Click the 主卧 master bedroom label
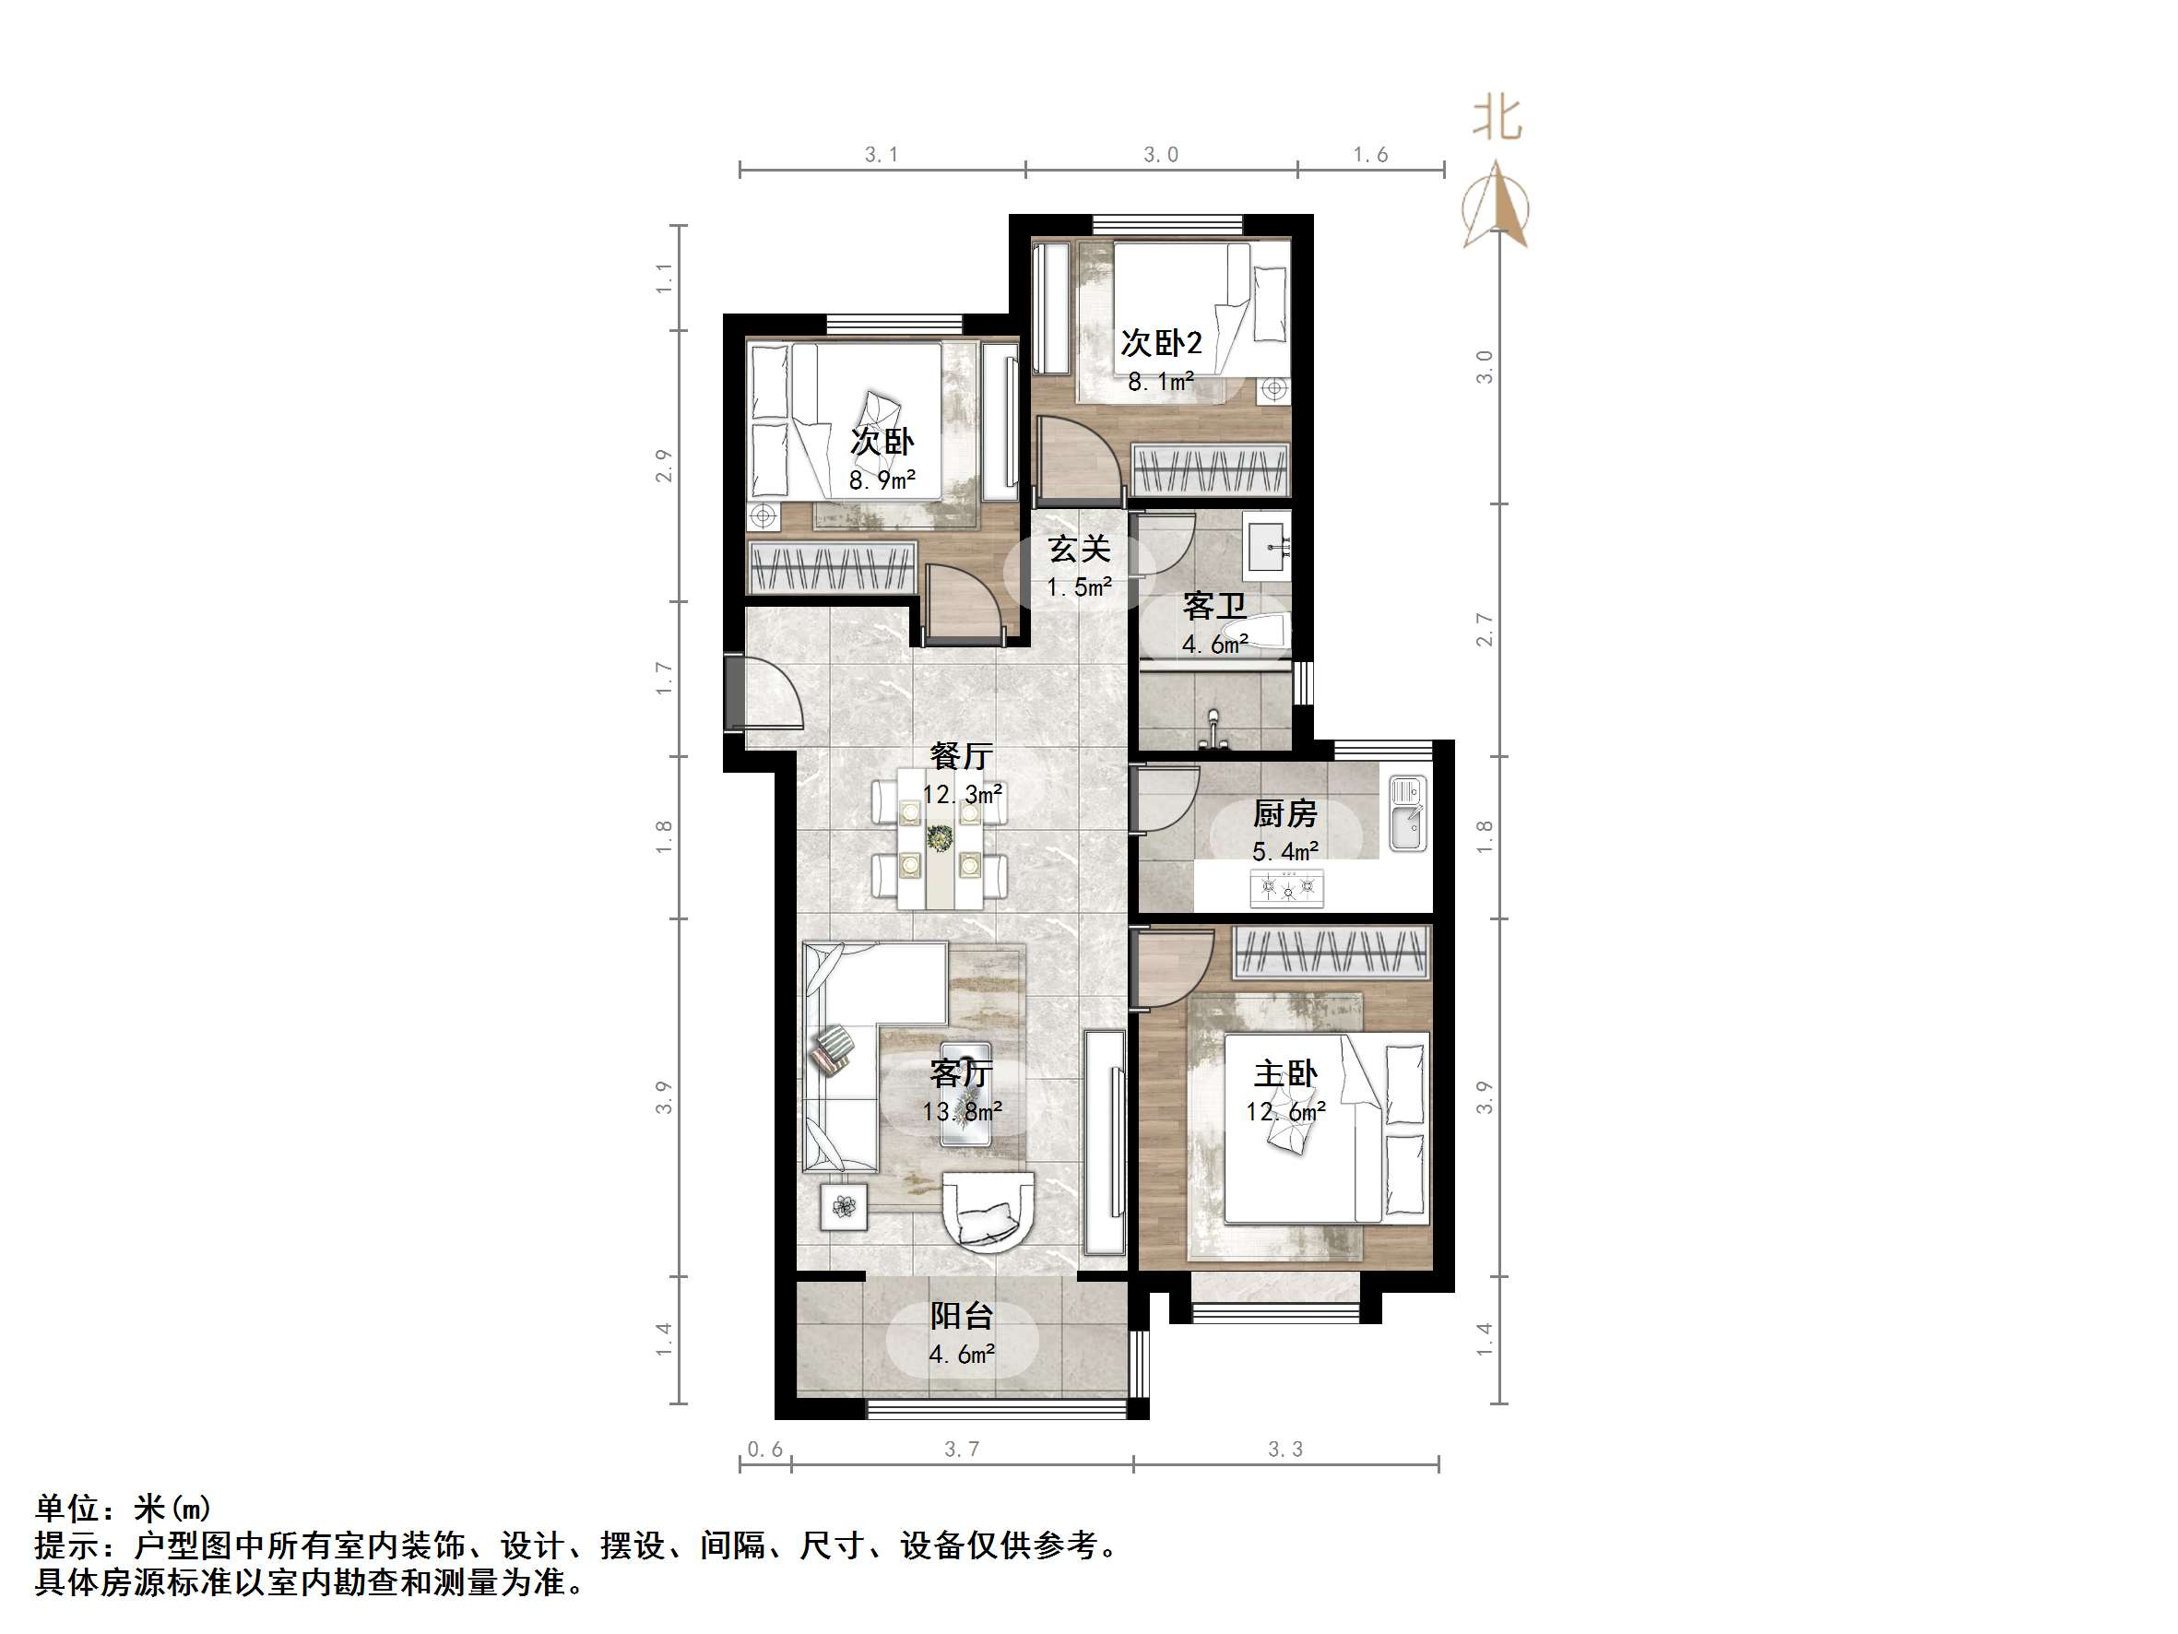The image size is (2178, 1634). pyautogui.click(x=1284, y=1073)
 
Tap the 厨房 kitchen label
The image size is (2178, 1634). pyautogui.click(x=1284, y=813)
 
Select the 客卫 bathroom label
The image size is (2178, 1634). pyautogui.click(x=1214, y=606)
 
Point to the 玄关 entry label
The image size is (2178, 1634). pyautogui.click(x=1079, y=549)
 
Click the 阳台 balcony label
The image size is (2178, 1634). pyautogui.click(x=962, y=1316)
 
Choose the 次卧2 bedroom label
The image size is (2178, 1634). pyautogui.click(x=1161, y=343)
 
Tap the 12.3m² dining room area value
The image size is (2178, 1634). pyautogui.click(x=962, y=794)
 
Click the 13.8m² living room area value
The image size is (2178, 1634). pyautogui.click(x=962, y=1112)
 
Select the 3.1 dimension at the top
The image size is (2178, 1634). pyautogui.click(x=882, y=155)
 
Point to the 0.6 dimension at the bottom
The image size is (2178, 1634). pyautogui.click(x=765, y=1449)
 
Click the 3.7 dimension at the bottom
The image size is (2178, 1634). pyautogui.click(x=962, y=1449)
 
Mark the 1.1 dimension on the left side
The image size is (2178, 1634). pyautogui.click(x=665, y=278)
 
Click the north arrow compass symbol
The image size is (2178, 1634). pyautogui.click(x=1497, y=207)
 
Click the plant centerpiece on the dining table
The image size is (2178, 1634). pyautogui.click(x=941, y=838)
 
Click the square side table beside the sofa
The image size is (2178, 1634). pyautogui.click(x=844, y=1205)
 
